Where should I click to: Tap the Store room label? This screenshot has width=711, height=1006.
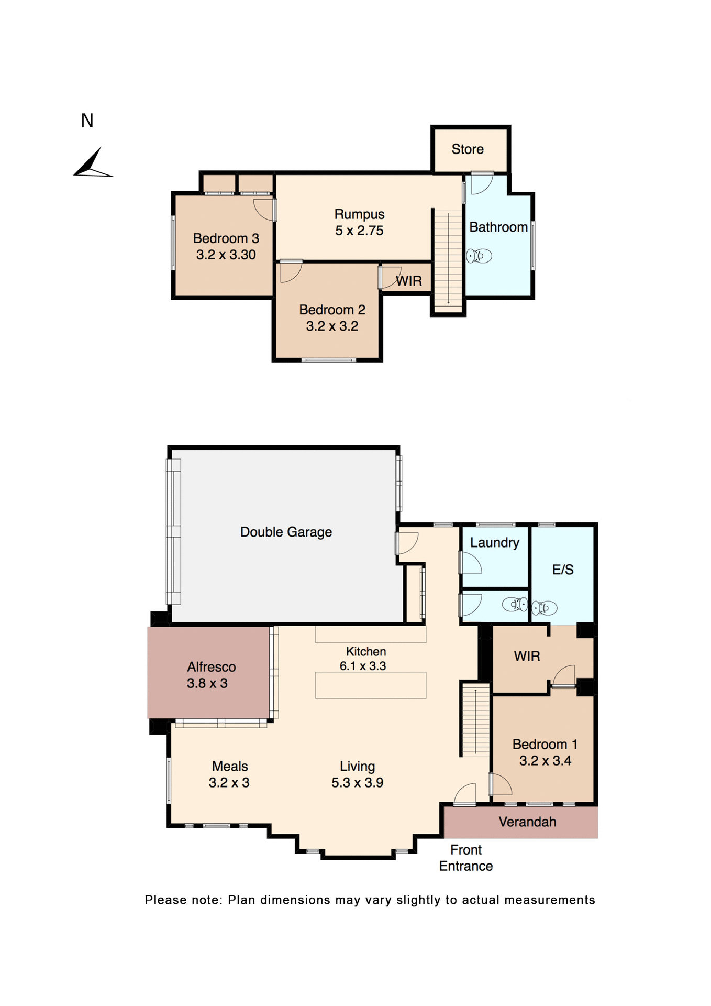click(467, 149)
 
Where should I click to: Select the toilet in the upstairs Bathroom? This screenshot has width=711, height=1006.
click(479, 256)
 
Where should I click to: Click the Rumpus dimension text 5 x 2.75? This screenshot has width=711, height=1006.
click(359, 231)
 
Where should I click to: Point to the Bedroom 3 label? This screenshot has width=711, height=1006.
click(226, 238)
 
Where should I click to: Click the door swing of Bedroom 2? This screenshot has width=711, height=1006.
click(291, 271)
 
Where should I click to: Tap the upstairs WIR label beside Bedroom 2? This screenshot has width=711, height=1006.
click(409, 281)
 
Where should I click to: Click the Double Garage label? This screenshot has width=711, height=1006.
click(286, 532)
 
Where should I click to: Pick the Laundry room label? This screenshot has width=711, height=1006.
click(494, 543)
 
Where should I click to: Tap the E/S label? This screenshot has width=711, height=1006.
click(563, 570)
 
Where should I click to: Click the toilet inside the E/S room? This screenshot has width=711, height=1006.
click(544, 608)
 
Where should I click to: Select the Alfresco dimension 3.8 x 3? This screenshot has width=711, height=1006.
click(207, 683)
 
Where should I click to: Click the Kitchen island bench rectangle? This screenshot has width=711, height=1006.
click(370, 685)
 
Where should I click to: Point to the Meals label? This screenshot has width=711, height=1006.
click(229, 766)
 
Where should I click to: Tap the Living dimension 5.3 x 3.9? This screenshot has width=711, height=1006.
click(357, 783)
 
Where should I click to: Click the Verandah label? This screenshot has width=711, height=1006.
click(527, 822)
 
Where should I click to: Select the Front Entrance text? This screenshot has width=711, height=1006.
click(466, 858)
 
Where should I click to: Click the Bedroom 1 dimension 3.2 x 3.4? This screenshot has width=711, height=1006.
click(545, 761)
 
